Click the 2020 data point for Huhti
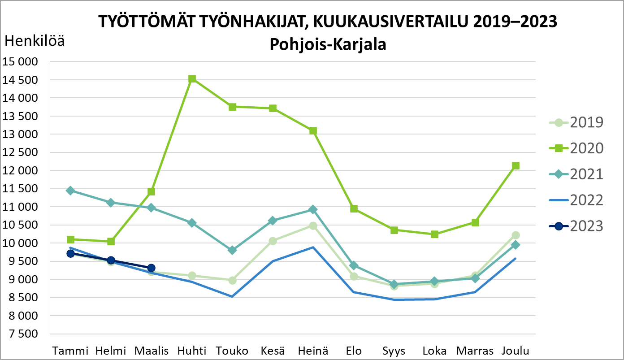192,79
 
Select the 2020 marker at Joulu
516,166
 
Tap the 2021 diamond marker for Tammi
70,191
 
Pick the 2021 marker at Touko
232,250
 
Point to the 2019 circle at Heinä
313,226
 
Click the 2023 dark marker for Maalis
152,268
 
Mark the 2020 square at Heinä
313,131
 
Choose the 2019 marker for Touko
232,280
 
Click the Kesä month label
273,351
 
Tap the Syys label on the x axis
394,351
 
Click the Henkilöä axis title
35,41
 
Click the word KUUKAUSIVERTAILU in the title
388,22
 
